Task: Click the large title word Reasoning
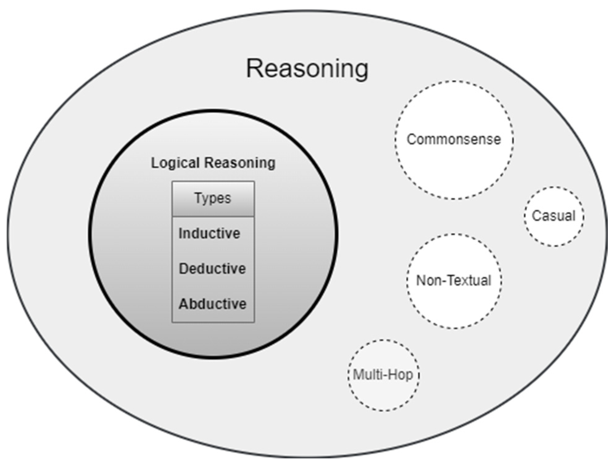307,68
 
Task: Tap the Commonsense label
454,139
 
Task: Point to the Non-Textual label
454,281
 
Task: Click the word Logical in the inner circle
175,163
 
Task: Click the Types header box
213,199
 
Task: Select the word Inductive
209,233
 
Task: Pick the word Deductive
212,269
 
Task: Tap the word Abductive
212,304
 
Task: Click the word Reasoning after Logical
240,163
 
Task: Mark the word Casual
554,216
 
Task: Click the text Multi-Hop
383,375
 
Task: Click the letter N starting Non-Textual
421,281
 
